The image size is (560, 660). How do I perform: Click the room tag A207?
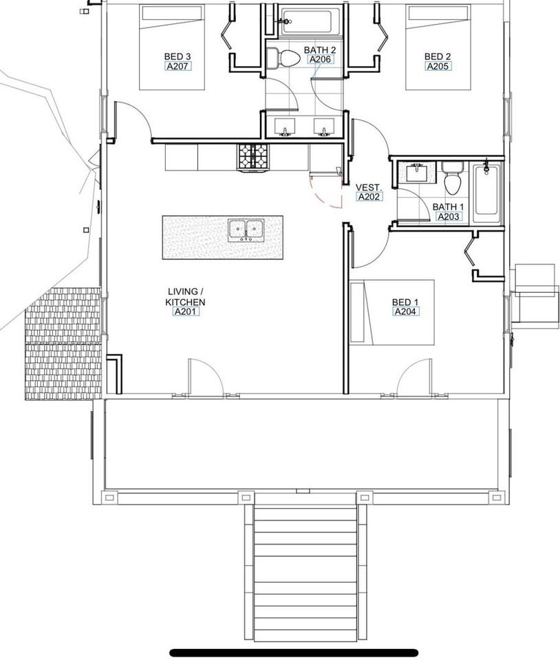pyautogui.click(x=177, y=67)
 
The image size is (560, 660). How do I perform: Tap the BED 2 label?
pyautogui.click(x=438, y=56)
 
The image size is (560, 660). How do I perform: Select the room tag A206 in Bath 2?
pyautogui.click(x=320, y=60)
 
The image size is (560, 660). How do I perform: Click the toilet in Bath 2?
pyautogui.click(x=282, y=57)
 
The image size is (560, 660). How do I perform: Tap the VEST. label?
pyautogui.click(x=369, y=187)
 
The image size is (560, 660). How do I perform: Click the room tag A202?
pyautogui.click(x=369, y=197)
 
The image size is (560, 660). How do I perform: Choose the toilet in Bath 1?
pyautogui.click(x=452, y=178)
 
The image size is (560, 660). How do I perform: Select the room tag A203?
pyautogui.click(x=449, y=217)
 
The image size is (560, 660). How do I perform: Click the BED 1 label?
pyautogui.click(x=405, y=302)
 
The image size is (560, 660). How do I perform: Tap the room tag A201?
pyautogui.click(x=185, y=311)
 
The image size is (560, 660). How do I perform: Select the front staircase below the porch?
pyautogui.click(x=305, y=571)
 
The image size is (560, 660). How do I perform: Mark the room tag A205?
pyautogui.click(x=438, y=67)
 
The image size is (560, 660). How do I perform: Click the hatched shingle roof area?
pyautogui.click(x=63, y=344)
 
